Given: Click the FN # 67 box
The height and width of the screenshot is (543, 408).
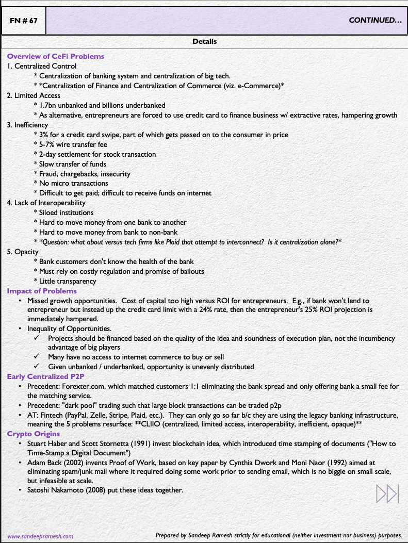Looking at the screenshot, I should (x=23, y=21).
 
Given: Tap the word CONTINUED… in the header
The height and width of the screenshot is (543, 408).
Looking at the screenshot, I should (x=375, y=21).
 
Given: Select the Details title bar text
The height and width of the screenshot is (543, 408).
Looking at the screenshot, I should (x=204, y=41).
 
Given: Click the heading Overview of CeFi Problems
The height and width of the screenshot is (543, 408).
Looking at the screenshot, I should (x=55, y=56).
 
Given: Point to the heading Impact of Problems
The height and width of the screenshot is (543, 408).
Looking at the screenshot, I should (x=42, y=291).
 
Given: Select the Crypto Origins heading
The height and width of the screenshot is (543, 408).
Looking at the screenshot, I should (x=34, y=434).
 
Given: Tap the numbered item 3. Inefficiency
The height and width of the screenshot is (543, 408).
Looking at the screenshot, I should (x=27, y=125).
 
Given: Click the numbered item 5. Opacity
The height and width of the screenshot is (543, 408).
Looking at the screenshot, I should (x=23, y=252).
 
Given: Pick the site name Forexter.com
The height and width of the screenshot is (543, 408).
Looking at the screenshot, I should (x=84, y=386).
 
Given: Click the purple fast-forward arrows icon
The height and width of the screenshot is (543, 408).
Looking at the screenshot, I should (x=387, y=493).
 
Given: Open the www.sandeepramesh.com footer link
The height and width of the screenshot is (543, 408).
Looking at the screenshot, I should (x=40, y=536).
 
